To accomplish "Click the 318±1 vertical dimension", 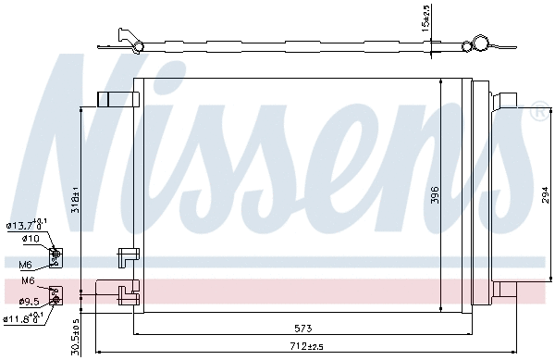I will point(77,202).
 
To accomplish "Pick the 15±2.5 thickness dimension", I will point(425,18).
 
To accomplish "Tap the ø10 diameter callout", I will point(30,238).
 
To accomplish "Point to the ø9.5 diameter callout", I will point(29,300).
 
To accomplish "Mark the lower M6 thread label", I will point(29,282).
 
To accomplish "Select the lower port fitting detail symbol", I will point(55,294).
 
